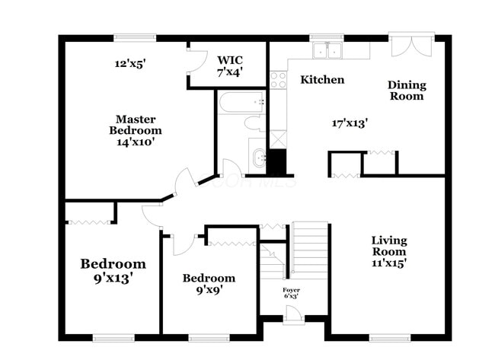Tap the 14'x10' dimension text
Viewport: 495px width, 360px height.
click(136, 142)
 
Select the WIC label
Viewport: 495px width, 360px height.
click(229, 60)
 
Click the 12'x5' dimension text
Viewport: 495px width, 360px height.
click(129, 64)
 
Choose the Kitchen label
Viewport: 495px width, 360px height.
click(321, 80)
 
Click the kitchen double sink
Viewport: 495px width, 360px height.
click(328, 50)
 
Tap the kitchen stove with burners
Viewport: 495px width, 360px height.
click(277, 79)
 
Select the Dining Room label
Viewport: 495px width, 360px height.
click(407, 91)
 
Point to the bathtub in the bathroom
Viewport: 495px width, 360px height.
click(241, 102)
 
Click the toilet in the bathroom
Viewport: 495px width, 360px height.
click(254, 123)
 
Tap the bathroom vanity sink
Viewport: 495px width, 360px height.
click(259, 158)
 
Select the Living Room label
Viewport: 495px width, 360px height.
click(388, 246)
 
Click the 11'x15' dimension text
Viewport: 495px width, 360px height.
click(388, 263)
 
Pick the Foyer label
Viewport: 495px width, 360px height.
click(292, 290)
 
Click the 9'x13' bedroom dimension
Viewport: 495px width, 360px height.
click(113, 279)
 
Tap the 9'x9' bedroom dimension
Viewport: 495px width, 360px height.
click(209, 289)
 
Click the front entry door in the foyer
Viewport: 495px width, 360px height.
click(293, 314)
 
